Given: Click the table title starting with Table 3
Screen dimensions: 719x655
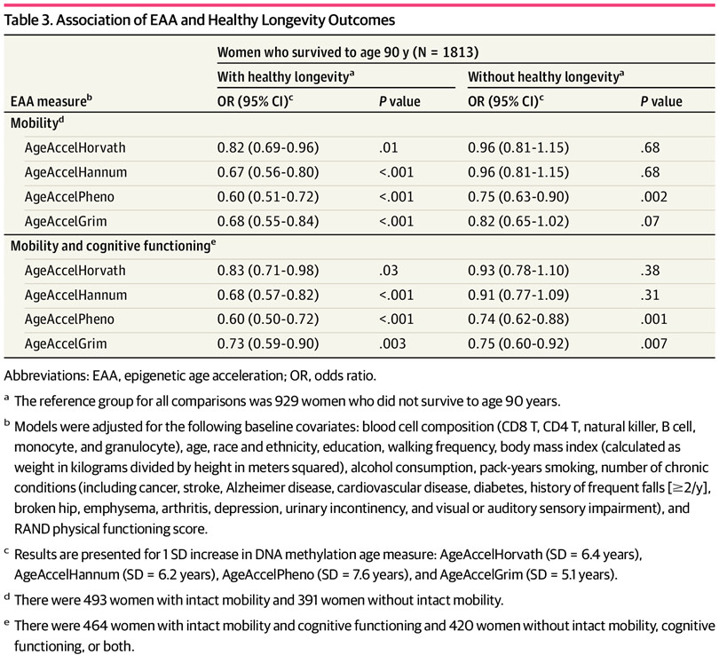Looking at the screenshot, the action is [200, 20].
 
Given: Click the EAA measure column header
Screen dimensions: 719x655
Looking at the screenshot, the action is [51, 101].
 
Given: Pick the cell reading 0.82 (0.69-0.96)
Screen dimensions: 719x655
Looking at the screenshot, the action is [268, 147].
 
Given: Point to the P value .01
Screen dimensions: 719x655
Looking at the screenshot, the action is [389, 147].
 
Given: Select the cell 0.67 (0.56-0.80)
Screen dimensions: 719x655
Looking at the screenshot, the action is [268, 172].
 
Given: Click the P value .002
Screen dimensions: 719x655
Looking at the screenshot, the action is [654, 197].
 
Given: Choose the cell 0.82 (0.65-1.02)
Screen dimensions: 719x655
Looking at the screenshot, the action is [518, 221].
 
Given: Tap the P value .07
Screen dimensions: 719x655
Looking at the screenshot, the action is [650, 221].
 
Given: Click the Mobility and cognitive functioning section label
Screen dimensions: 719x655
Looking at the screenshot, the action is [114, 246].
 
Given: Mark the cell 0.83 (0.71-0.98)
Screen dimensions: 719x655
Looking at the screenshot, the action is [268, 271].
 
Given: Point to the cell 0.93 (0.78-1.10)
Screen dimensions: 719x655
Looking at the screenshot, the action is [518, 271].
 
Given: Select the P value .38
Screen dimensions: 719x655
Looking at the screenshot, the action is [651, 271].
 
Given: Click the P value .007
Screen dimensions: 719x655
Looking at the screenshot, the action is [654, 343].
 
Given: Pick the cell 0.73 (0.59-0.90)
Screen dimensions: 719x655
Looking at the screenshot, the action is [268, 343].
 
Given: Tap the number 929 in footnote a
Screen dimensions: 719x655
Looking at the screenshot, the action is [286, 401].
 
